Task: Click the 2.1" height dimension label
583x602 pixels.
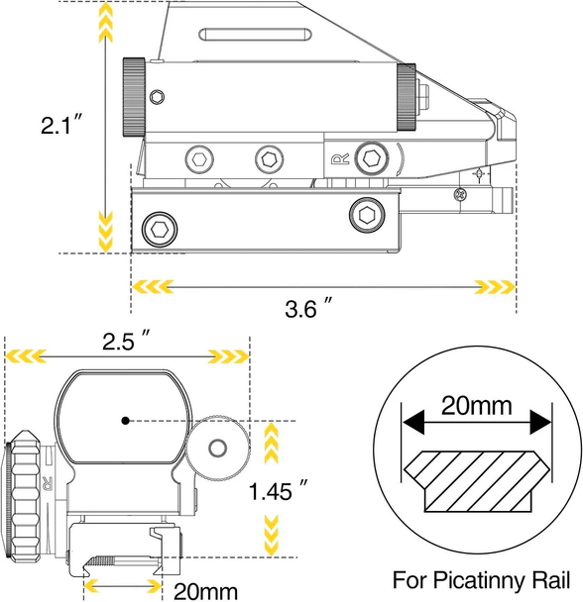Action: [61, 125]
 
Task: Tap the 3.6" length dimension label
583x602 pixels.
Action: [307, 307]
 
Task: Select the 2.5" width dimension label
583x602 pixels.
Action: [125, 340]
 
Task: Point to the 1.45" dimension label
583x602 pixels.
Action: [278, 490]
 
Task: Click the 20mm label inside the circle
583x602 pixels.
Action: [476, 405]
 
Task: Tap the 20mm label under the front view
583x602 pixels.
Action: [206, 591]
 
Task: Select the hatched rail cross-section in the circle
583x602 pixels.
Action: [477, 481]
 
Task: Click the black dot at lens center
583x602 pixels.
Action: [125, 421]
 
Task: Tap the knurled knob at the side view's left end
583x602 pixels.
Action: [134, 97]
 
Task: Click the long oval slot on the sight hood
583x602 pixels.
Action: [255, 35]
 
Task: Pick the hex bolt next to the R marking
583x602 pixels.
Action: [372, 158]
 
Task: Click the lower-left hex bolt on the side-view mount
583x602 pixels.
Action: [160, 230]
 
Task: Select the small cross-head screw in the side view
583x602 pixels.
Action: [459, 195]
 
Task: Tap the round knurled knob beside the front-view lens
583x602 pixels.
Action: [218, 448]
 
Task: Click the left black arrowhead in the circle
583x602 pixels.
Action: [413, 422]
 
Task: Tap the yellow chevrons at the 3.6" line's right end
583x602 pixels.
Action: [496, 287]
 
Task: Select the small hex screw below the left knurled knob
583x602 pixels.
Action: [157, 97]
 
